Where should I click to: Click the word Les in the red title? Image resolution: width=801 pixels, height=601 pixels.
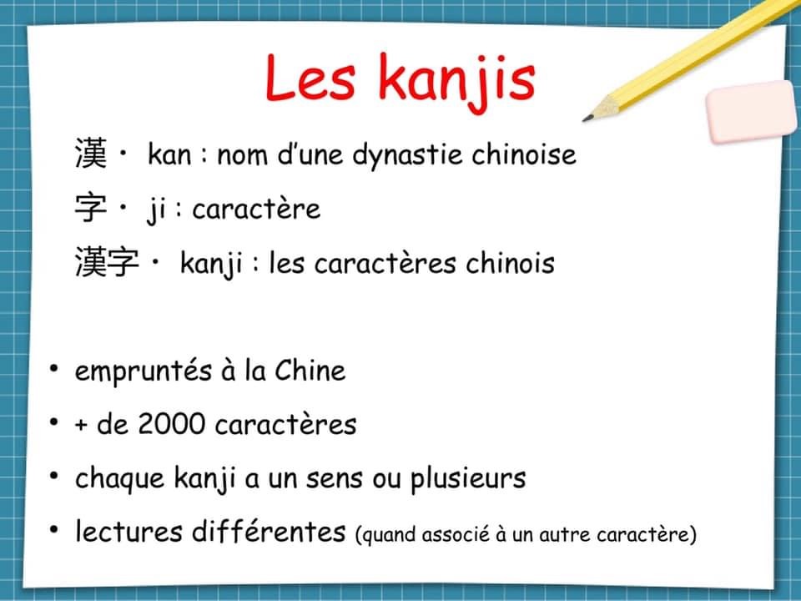(x=310, y=78)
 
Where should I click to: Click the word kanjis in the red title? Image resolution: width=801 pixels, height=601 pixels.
(x=457, y=82)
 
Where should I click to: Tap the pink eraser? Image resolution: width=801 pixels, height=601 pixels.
(x=751, y=111)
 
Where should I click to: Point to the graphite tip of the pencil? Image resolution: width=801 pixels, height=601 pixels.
(x=587, y=119)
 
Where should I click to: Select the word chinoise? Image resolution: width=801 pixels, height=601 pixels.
(x=524, y=154)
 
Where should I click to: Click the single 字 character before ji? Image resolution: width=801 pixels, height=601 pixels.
(x=91, y=208)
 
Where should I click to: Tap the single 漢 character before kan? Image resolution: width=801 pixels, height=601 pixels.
(x=91, y=154)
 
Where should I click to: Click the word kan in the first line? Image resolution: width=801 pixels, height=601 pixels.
(x=169, y=154)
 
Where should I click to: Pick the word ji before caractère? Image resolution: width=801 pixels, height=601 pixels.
(x=155, y=210)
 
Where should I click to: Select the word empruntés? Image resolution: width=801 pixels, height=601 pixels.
(x=143, y=371)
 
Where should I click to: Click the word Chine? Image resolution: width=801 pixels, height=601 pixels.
(x=310, y=370)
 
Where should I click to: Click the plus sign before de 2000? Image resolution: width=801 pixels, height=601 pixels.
(x=81, y=425)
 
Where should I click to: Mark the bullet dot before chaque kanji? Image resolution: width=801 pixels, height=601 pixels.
(x=53, y=476)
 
